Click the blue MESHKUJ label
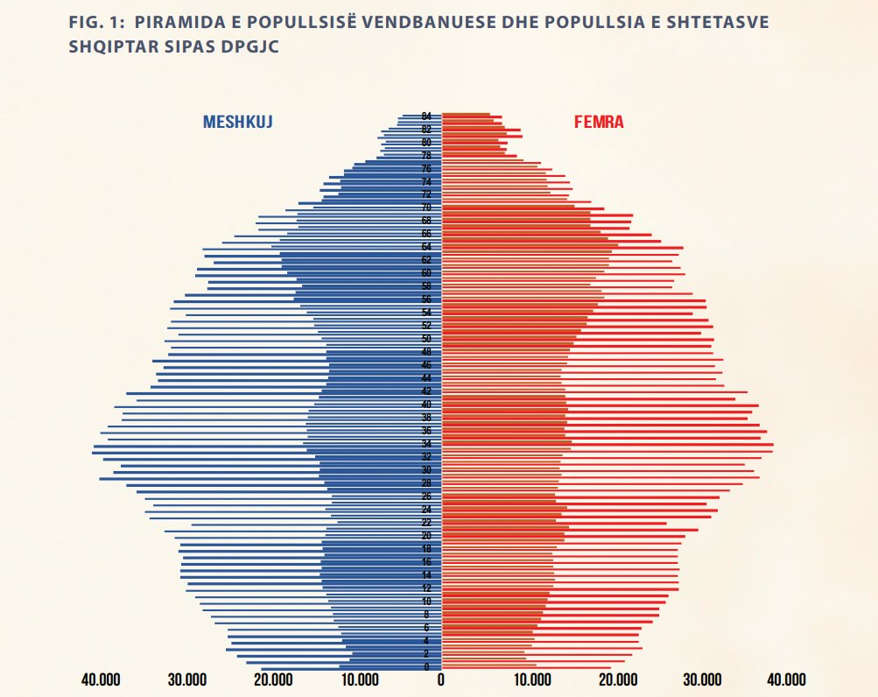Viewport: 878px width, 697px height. (238, 123)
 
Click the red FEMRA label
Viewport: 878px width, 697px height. (599, 123)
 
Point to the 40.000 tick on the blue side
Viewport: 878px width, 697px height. (101, 680)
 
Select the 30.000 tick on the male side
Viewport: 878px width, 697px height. (186, 680)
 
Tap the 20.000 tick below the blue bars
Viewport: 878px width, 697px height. (272, 680)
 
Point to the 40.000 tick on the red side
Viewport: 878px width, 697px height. (786, 680)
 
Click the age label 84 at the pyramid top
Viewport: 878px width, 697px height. (426, 116)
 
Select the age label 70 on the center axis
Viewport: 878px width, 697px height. (426, 208)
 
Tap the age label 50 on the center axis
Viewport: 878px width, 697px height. (426, 339)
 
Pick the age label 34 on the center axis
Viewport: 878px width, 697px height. (426, 444)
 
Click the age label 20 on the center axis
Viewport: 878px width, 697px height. (426, 536)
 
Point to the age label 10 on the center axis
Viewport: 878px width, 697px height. (426, 602)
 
